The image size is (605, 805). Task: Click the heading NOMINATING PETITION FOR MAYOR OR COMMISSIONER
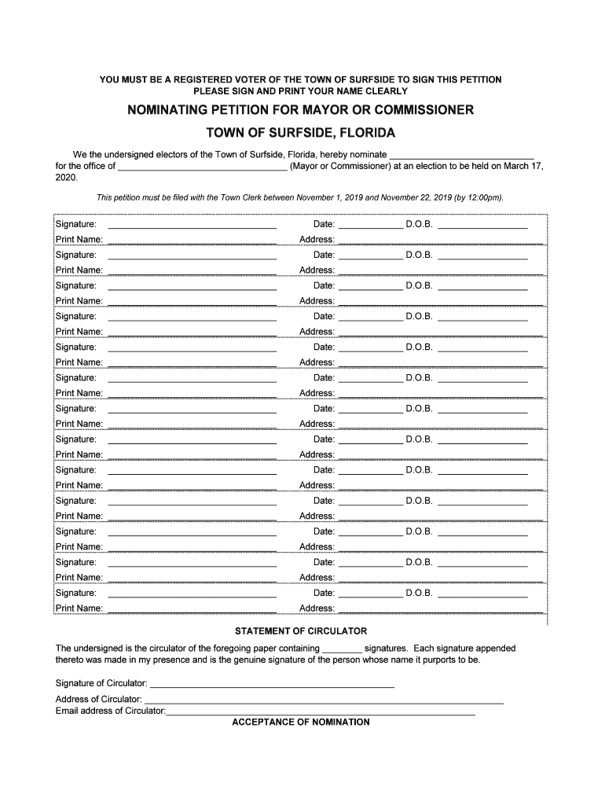(x=301, y=110)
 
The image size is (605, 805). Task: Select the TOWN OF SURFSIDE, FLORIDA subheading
(x=301, y=133)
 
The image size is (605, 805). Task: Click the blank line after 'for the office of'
(x=203, y=167)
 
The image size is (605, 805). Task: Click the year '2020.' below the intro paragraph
(x=67, y=178)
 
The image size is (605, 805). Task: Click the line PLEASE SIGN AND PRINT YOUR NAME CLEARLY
(x=301, y=91)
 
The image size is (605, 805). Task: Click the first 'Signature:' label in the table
(x=76, y=224)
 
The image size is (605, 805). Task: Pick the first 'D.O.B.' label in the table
(x=419, y=224)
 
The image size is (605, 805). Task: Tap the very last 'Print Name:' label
(x=79, y=608)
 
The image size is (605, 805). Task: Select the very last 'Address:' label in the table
(x=317, y=608)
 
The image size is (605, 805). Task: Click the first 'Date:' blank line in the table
(x=370, y=226)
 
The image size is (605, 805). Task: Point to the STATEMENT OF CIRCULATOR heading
(x=301, y=631)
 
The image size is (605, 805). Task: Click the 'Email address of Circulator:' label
(x=111, y=711)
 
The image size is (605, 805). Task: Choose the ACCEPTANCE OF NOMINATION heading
(x=301, y=722)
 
